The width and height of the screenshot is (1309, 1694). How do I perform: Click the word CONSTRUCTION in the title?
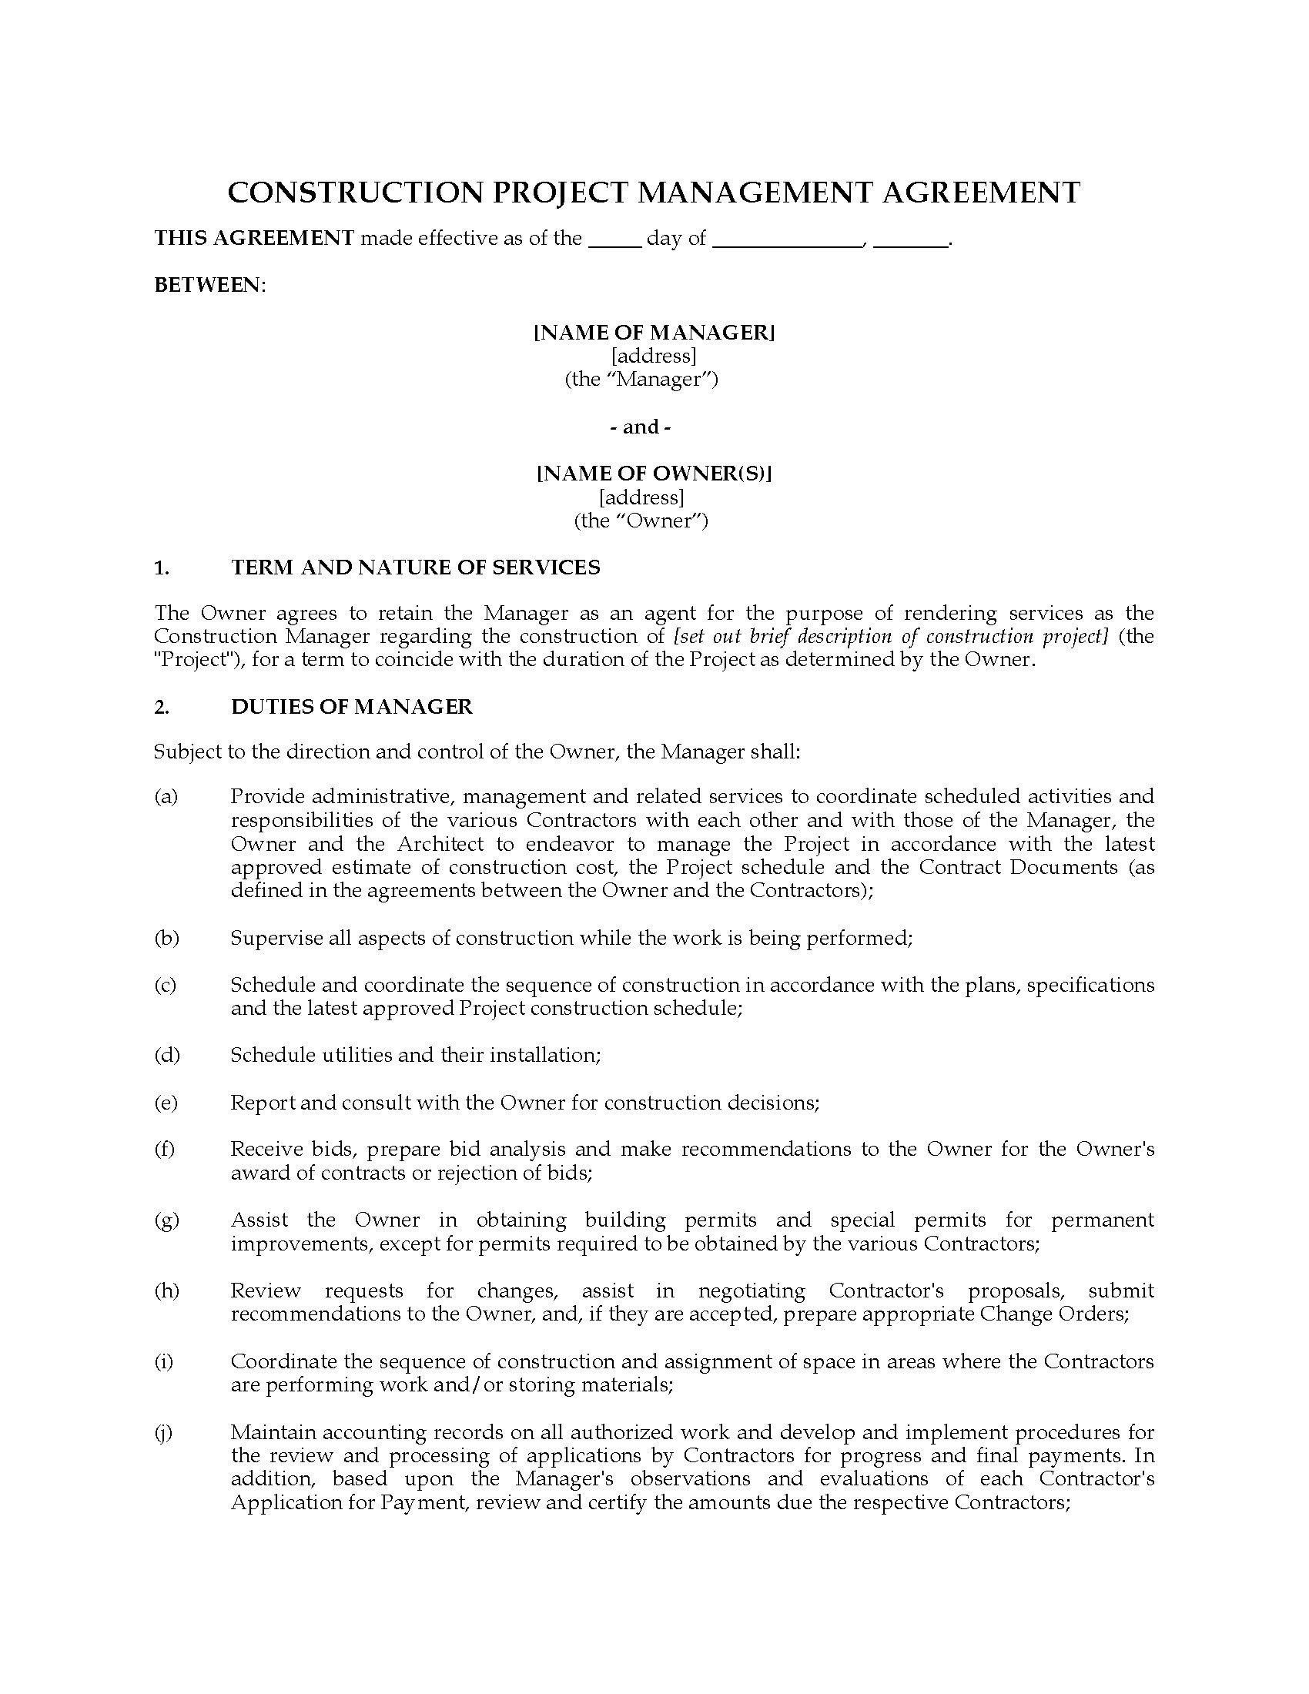coord(354,192)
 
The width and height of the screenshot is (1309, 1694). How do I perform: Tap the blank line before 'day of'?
coord(615,240)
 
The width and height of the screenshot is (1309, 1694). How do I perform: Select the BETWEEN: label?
coord(209,285)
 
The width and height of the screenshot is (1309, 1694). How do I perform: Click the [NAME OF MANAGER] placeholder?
coord(654,332)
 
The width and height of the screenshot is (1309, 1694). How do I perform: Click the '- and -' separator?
coord(641,427)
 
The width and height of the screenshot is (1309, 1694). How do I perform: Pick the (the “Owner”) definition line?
coord(641,520)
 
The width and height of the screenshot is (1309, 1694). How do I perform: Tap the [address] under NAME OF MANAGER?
coord(653,356)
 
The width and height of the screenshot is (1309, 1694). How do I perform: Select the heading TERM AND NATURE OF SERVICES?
coord(415,567)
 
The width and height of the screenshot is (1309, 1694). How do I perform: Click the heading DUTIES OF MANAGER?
coord(351,706)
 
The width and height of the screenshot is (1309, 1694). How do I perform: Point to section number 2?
coord(161,706)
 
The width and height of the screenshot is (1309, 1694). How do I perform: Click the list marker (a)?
coord(166,796)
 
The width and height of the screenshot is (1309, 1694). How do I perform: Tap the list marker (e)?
coord(166,1102)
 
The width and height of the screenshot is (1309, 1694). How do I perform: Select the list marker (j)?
coord(163,1432)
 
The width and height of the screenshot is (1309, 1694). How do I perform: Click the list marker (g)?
coord(166,1220)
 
